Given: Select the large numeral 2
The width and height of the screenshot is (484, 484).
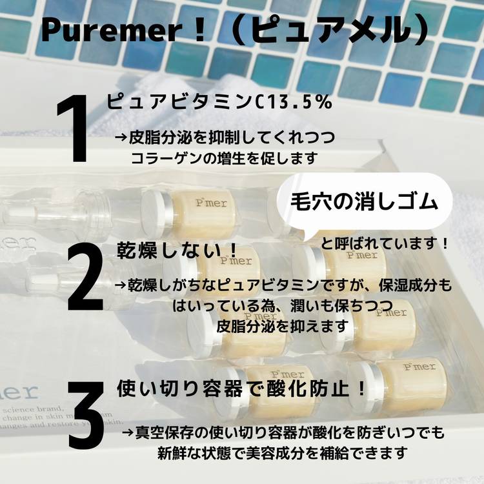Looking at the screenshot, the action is (85, 278).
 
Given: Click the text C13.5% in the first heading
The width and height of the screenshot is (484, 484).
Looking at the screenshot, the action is (292, 102).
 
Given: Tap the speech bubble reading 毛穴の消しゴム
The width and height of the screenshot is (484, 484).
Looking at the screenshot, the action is (365, 202).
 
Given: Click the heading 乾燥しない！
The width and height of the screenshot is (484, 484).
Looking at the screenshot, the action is (177, 250).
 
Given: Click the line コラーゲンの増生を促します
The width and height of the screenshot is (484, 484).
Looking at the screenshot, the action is (224, 158).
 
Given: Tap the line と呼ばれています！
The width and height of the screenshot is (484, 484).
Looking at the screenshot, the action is (385, 244).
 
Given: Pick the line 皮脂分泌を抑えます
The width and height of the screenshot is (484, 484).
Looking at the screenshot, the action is (282, 327).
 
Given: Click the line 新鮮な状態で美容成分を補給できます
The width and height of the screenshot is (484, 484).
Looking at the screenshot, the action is (283, 453).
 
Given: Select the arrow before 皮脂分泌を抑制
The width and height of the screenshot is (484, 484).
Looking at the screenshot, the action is (121, 138).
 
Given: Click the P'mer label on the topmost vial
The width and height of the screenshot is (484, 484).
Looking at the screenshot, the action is (212, 203).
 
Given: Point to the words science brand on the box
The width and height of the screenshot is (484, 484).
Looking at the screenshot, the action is (32, 410).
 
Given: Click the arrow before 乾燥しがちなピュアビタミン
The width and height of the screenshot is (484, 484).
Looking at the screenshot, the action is (121, 285).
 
